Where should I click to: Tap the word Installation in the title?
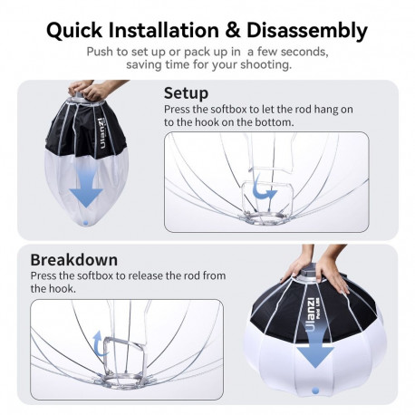click(x=173, y=31)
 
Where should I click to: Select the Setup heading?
click(x=186, y=92)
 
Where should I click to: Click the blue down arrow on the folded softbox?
click(x=87, y=187)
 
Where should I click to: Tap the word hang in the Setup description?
click(x=310, y=109)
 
